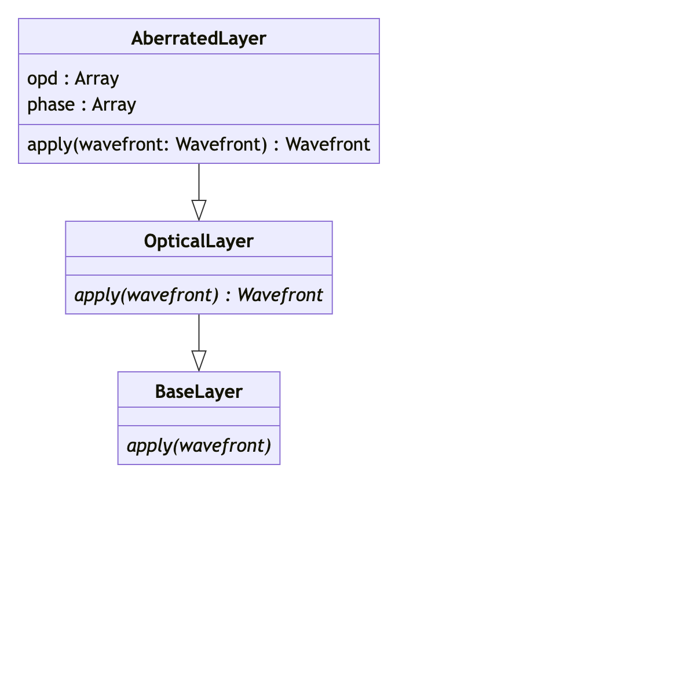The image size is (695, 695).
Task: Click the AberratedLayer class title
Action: pos(199,38)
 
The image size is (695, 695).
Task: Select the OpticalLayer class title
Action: pos(199,241)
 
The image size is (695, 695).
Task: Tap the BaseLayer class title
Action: pos(199,392)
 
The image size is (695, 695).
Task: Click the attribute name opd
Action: pos(42,79)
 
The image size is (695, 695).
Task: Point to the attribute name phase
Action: pos(51,105)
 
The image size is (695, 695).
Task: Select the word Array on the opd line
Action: pos(97,79)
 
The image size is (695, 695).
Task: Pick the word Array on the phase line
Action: pos(114,105)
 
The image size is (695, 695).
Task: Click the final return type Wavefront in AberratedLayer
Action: pos(328,144)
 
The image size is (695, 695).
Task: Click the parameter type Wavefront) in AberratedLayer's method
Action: pos(222,144)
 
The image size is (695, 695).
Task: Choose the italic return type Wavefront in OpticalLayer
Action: pos(280,295)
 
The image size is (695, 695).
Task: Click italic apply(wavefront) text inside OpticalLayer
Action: pos(147,295)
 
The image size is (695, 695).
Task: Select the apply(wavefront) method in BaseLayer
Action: pos(199,446)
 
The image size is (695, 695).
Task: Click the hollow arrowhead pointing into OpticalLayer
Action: pos(199,210)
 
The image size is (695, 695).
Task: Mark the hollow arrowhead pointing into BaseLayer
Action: pos(199,361)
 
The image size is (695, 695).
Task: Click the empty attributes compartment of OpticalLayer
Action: pos(199,266)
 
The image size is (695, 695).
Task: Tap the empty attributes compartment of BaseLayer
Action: pos(199,416)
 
